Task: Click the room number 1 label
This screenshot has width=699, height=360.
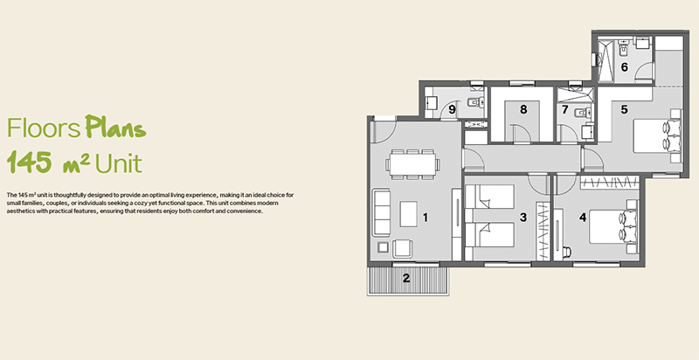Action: [x=426, y=218]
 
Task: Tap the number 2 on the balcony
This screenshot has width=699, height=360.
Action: [x=406, y=278]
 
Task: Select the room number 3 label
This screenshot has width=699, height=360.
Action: [x=523, y=217]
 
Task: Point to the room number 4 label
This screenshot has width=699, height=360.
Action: [x=583, y=218]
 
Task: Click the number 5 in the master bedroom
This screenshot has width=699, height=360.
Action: [x=624, y=109]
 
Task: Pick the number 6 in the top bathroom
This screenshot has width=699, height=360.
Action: [x=624, y=67]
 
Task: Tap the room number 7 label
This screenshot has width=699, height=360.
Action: [x=565, y=109]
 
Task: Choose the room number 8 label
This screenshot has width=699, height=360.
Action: [x=523, y=109]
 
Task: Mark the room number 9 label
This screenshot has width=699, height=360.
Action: [x=452, y=109]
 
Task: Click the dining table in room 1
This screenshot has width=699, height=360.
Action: [x=412, y=164]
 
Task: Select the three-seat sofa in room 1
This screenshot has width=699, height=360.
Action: [x=382, y=212]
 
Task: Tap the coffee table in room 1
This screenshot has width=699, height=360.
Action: [x=409, y=214]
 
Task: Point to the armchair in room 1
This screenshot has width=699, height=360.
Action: [x=403, y=249]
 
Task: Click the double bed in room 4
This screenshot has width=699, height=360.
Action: [x=613, y=227]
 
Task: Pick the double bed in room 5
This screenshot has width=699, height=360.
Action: [x=657, y=136]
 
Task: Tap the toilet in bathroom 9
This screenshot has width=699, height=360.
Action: [x=476, y=102]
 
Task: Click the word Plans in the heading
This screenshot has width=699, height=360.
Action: [x=115, y=128]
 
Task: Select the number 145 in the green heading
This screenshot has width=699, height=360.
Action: [x=30, y=162]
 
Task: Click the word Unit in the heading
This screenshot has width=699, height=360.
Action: [x=118, y=163]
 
